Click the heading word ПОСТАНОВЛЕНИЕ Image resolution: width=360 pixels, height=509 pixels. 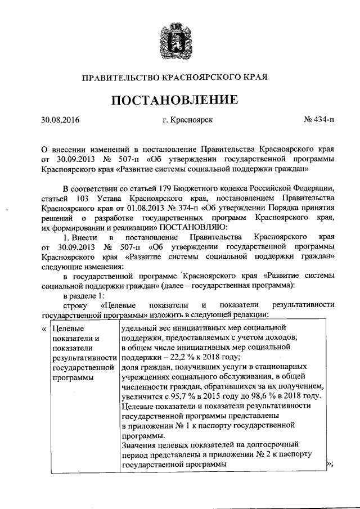tap(179, 101)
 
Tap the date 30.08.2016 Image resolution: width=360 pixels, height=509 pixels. tap(61, 120)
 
